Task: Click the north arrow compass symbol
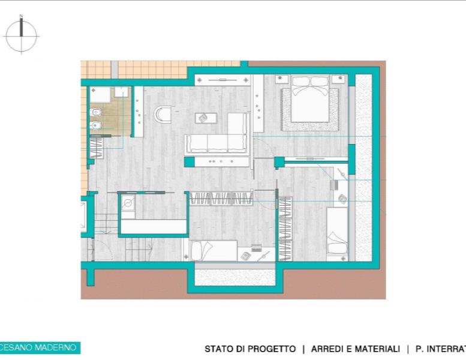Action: coord(22,35)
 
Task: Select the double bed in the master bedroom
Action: coord(311,99)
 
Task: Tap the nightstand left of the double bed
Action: coord(282,80)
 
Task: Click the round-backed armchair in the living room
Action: coord(163,115)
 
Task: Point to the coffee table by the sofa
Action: coord(206,118)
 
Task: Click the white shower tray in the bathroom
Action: coord(100,95)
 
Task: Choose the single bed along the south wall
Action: coord(214,251)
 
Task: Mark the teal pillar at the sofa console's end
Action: coord(189,162)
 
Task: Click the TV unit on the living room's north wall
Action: coord(223,80)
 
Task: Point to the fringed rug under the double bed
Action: coord(310,109)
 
